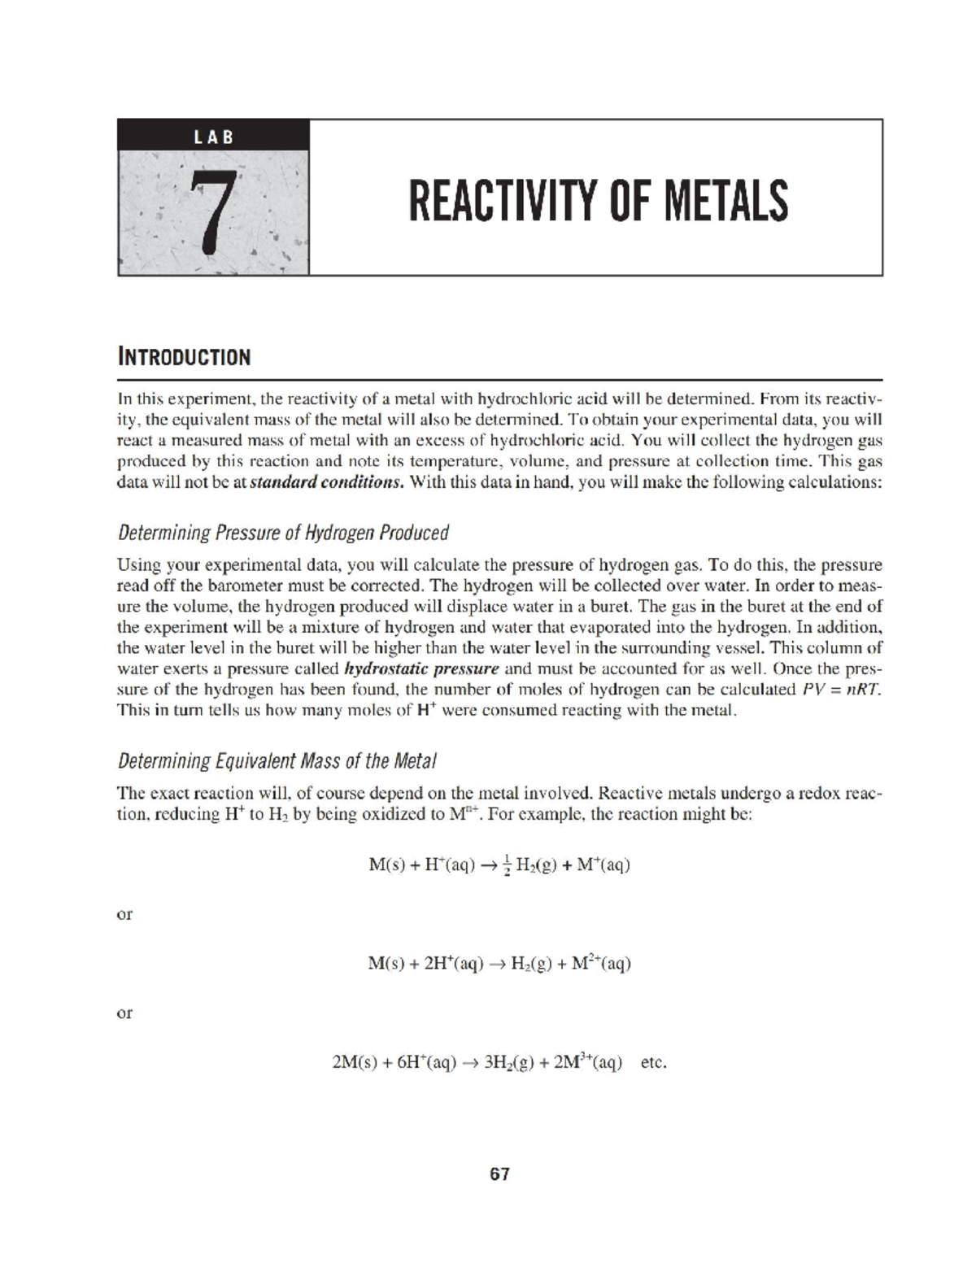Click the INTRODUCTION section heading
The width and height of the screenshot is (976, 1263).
pyautogui.click(x=184, y=357)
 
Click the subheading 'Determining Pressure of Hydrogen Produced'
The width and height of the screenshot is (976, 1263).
pyautogui.click(x=283, y=534)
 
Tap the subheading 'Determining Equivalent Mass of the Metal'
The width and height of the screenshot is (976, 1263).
pyautogui.click(x=277, y=762)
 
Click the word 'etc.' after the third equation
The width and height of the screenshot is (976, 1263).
pyautogui.click(x=654, y=1062)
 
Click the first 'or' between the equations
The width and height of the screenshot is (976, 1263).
pyautogui.click(x=124, y=914)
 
